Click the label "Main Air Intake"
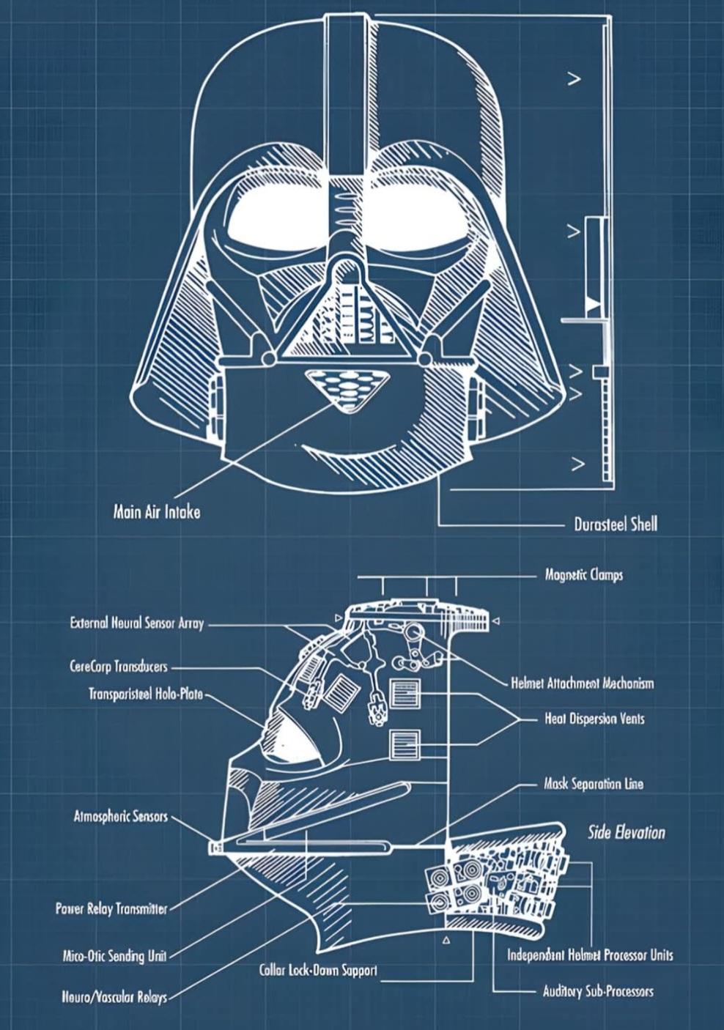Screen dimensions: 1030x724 click(x=156, y=512)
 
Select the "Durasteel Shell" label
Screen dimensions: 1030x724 click(x=616, y=525)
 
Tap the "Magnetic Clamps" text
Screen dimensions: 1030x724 click(x=583, y=575)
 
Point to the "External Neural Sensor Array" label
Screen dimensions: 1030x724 click(x=137, y=624)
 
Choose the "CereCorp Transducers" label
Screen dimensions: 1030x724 click(x=119, y=667)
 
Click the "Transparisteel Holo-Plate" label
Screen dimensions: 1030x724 click(x=146, y=694)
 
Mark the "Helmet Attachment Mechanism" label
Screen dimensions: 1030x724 click(x=582, y=683)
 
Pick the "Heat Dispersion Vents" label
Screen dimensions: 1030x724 click(x=594, y=719)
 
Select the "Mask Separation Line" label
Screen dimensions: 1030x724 click(x=594, y=784)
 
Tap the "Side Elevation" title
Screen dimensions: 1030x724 click(x=627, y=833)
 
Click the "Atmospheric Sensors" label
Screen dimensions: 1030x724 click(x=120, y=817)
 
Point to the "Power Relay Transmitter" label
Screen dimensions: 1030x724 click(x=111, y=909)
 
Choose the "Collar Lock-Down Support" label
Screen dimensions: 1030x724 click(x=319, y=971)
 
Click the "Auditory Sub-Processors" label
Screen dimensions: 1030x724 click(x=598, y=992)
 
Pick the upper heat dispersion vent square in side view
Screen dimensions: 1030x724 click(x=405, y=693)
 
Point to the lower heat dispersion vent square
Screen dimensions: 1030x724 click(x=405, y=745)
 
